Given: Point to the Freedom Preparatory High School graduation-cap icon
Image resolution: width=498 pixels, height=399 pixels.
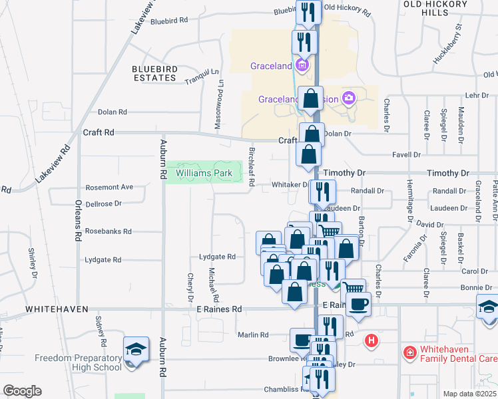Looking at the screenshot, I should coord(134,349).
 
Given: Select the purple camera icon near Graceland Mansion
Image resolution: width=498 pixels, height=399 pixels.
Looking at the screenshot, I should coord(348,99).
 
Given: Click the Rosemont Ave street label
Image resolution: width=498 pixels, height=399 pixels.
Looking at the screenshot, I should coord(109,188).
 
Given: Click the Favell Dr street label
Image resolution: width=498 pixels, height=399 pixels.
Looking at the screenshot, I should coord(408,154).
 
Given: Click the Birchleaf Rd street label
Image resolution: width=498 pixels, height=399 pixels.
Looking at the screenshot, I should coord(252,166).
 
